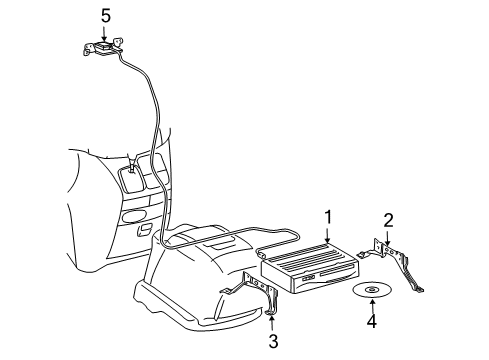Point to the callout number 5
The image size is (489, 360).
tap(105, 15)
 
